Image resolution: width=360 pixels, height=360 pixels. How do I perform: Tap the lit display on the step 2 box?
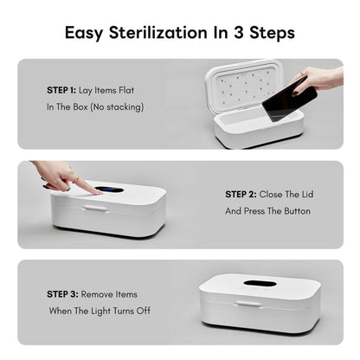coord(107,190)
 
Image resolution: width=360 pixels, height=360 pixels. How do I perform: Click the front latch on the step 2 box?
coord(94,209)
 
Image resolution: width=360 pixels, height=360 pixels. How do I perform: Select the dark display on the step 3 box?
coord(260,283)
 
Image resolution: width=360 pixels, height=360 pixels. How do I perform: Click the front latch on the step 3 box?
coord(248,303)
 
